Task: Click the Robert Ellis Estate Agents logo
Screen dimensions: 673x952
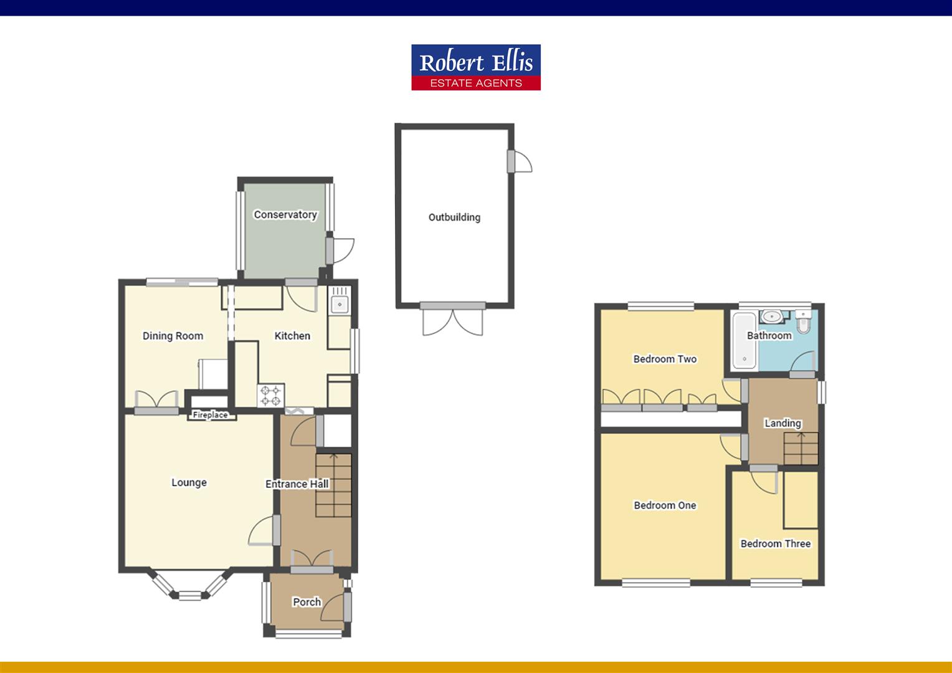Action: (x=476, y=67)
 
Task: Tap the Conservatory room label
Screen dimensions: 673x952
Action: (x=285, y=214)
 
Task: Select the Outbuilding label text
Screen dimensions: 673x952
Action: (x=454, y=217)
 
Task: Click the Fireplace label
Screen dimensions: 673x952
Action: (x=210, y=415)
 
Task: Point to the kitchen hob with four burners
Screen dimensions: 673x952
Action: (x=271, y=395)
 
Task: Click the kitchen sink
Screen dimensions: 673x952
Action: (x=340, y=303)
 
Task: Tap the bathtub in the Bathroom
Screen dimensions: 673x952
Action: (x=744, y=340)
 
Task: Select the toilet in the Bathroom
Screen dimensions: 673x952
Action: (x=804, y=322)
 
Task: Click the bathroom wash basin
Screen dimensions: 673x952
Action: (x=773, y=317)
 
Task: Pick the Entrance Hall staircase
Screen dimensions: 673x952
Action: (x=334, y=485)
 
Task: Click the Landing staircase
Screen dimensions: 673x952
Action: (x=801, y=448)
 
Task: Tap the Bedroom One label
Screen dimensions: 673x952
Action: (x=665, y=505)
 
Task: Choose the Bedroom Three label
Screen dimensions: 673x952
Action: (x=775, y=543)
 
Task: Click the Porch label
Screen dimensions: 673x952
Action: (x=307, y=602)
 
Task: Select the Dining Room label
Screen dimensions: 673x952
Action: (x=173, y=336)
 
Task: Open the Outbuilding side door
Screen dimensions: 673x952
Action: (x=520, y=161)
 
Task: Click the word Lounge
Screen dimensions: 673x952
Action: (x=189, y=482)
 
